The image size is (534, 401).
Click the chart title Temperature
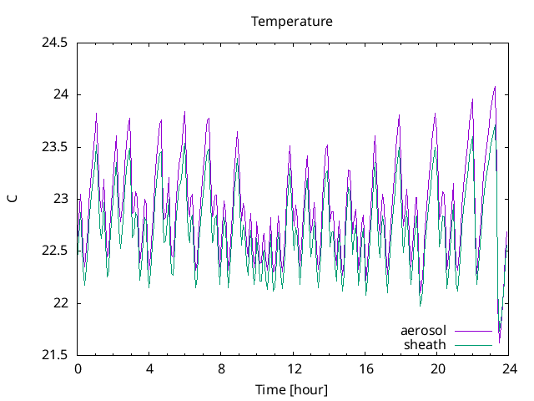pos(292,22)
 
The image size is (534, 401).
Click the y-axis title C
pos(13,199)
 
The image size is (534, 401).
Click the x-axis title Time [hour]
pos(291,389)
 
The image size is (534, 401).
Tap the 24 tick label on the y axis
pos(60,94)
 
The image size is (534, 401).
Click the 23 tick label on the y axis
pos(60,199)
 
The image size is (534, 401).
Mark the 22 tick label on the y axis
pos(60,303)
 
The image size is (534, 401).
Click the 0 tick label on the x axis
pos(78,368)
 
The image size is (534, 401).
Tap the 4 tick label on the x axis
pos(149,368)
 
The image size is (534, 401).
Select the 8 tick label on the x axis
pos(221,368)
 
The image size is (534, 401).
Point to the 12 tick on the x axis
pos(294,368)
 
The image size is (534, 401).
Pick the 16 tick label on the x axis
pos(365,368)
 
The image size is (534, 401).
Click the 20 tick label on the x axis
pos(437,368)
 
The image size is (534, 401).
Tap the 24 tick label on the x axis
pos(509,368)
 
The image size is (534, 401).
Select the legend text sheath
pos(426,344)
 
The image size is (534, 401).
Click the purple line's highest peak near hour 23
pos(495,86)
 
